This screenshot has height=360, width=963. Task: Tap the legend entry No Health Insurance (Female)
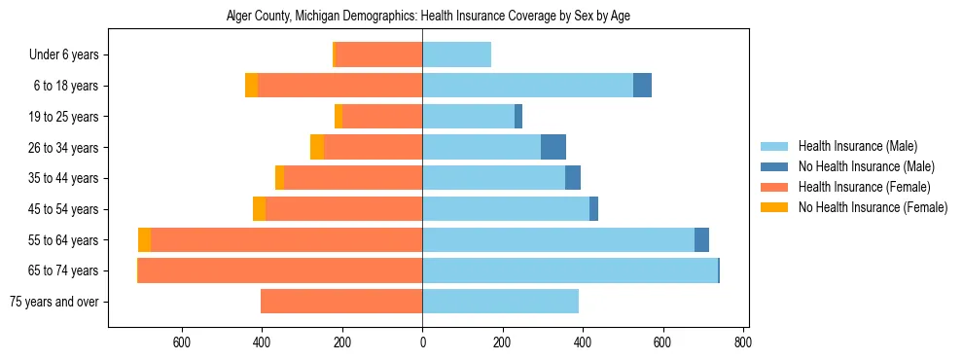[x=873, y=207]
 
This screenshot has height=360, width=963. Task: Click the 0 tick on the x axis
[x=422, y=342]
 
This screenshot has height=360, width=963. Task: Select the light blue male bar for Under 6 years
[x=456, y=54]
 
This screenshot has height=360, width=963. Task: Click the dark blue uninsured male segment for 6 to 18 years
[x=642, y=86]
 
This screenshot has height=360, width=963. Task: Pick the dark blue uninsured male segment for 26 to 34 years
[x=553, y=147]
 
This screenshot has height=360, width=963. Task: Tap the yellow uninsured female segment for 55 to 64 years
[x=144, y=239]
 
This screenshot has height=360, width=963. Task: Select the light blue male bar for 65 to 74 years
[x=569, y=270]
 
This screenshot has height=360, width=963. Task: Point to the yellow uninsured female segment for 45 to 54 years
[x=259, y=209]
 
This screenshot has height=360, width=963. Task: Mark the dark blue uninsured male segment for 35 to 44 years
[x=573, y=178]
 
